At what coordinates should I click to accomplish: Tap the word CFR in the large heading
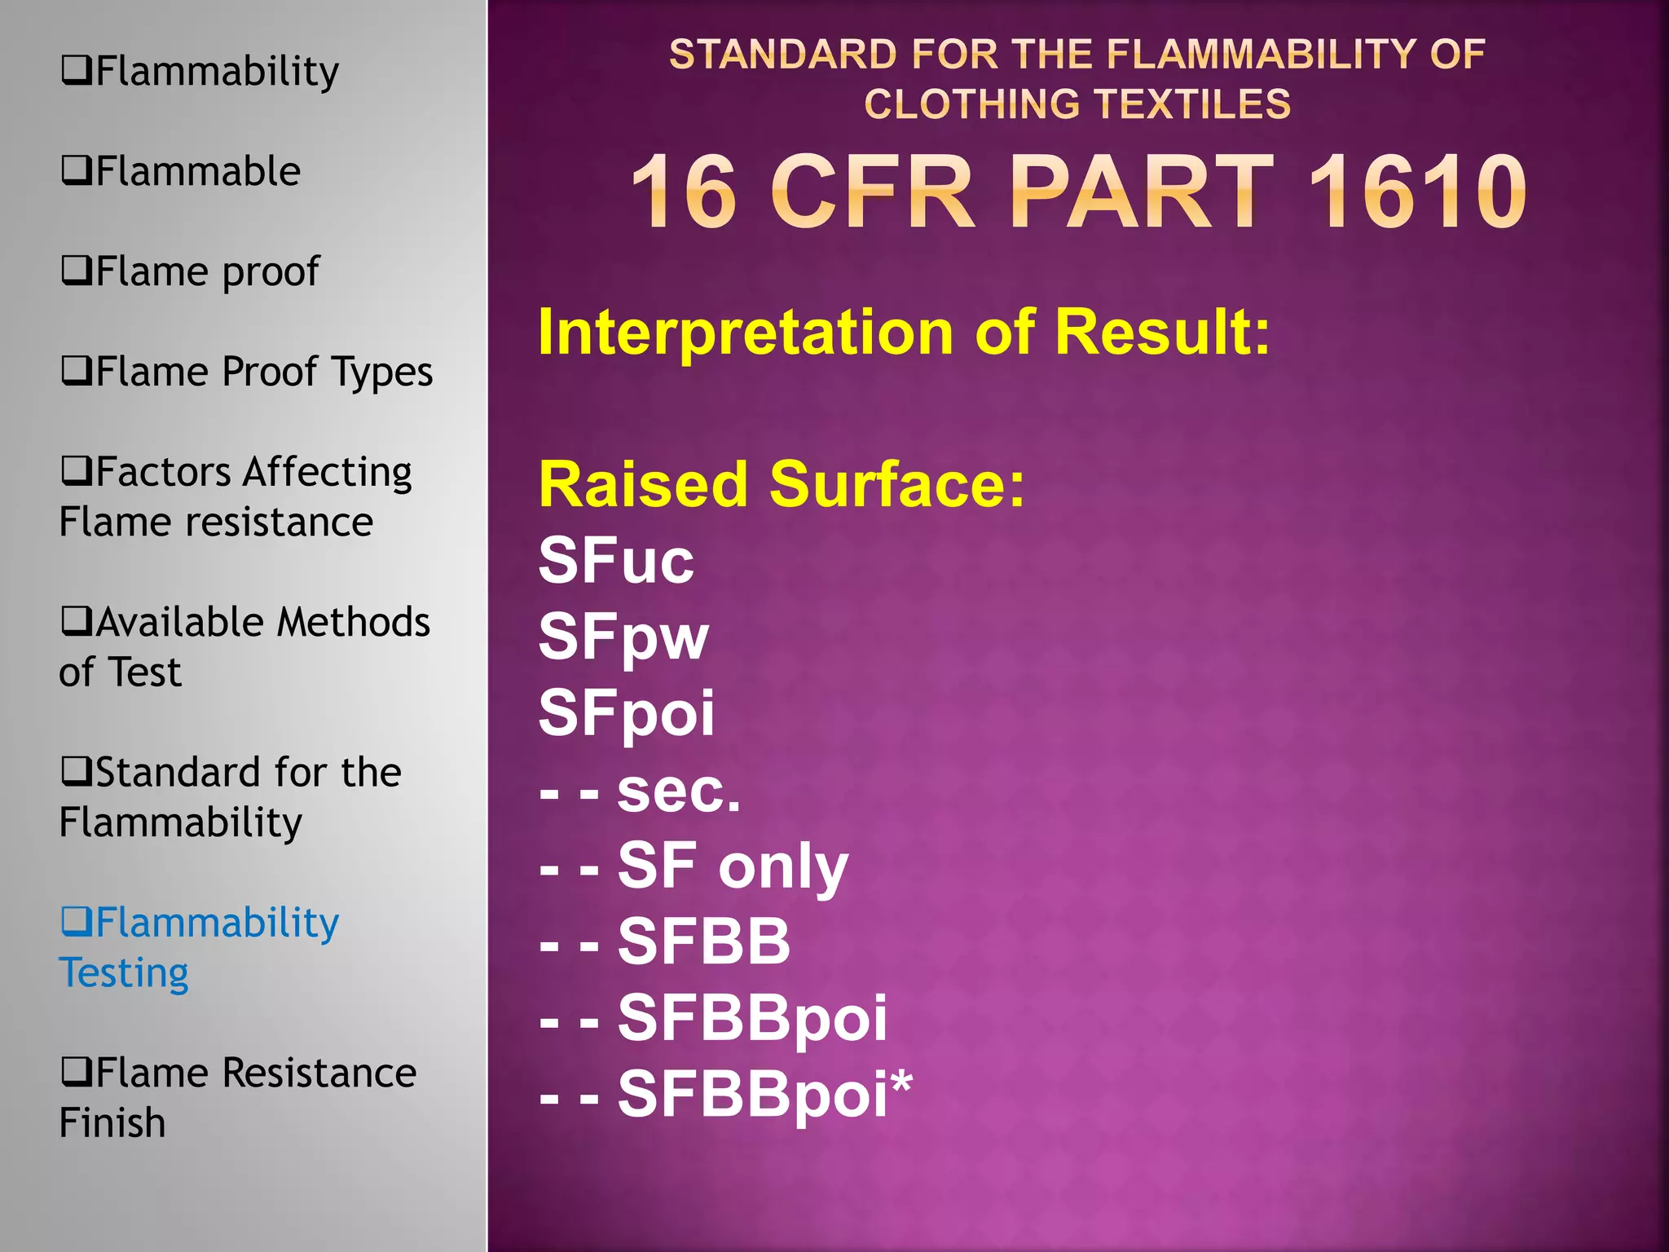pos(872,192)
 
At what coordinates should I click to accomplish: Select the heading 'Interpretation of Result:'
pos(903,333)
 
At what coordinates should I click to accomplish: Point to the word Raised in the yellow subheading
pos(643,484)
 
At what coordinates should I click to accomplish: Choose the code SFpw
pos(623,637)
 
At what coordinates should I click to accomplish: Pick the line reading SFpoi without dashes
pos(626,713)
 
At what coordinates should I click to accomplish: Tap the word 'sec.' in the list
pos(678,790)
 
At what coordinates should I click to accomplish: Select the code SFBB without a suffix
pos(703,941)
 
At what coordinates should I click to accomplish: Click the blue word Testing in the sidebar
pos(124,972)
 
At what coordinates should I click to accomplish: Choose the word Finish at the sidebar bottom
pos(112,1122)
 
